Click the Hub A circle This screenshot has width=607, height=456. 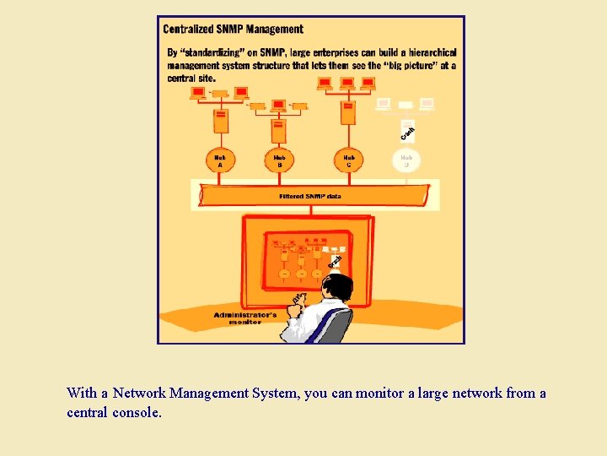coord(221,160)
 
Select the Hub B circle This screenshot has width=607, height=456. coord(280,160)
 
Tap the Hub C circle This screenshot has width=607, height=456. coord(348,160)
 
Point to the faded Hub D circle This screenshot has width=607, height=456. coord(406,160)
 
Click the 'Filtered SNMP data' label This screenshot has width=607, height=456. coord(310,196)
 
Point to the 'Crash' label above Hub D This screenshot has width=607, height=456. coord(407,132)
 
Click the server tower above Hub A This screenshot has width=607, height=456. coord(221,120)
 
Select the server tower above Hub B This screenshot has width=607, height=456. coord(279,130)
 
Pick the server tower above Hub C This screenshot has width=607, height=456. coord(347,112)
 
